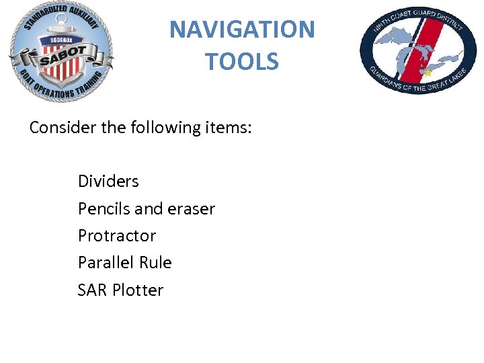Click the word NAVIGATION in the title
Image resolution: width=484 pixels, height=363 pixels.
coord(242,30)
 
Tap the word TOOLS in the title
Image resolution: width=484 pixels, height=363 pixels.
coord(242,62)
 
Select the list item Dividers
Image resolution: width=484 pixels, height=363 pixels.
coord(108,181)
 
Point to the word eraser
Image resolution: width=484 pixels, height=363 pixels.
coord(191,208)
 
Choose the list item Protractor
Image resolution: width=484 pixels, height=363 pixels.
coord(117,235)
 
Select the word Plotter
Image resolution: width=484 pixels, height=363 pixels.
coord(138,290)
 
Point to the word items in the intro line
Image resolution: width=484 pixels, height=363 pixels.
coord(229,127)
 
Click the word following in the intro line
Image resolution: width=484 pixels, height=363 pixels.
coord(164,127)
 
